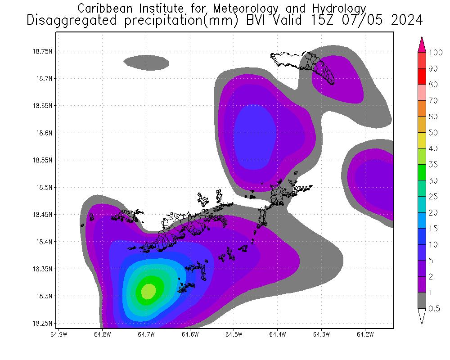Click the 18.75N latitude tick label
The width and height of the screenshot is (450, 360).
click(43, 51)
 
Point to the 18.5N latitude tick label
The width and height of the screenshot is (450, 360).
click(44, 187)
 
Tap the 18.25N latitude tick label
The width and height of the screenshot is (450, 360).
click(43, 324)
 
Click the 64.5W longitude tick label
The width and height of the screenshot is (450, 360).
click(234, 334)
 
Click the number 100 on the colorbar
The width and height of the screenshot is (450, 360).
click(436, 53)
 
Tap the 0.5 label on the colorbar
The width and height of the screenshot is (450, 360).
click(434, 308)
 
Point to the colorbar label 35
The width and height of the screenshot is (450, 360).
click(433, 165)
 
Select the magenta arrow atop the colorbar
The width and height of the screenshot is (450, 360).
click(422, 44)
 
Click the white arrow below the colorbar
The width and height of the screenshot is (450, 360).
click(422, 316)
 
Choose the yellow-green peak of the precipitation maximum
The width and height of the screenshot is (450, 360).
click(148, 292)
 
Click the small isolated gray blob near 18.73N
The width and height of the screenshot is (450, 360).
click(147, 63)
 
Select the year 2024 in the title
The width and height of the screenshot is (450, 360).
click(405, 20)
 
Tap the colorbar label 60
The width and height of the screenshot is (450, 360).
click(433, 117)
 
